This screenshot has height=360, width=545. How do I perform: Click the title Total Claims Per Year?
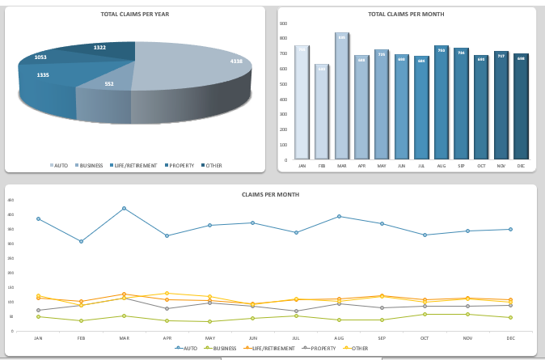135,15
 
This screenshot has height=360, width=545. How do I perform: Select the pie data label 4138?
236,61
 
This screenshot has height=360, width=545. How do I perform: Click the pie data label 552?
109,83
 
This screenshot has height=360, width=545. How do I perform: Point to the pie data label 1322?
99,48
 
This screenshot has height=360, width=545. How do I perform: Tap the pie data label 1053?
40,57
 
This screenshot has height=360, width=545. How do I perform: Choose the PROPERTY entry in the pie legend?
180,165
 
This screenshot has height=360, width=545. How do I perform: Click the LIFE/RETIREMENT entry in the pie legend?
133,165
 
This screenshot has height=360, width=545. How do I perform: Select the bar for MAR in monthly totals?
341,95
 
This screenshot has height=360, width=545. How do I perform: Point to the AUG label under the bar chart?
441,166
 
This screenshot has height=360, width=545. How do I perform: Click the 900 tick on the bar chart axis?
283,23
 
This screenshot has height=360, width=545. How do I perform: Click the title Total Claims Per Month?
406,15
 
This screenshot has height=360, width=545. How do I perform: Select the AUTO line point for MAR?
124,208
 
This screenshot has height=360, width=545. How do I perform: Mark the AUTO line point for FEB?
81,241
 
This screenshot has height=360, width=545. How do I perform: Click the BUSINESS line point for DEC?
510,317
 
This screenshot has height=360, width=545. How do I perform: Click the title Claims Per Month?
270,195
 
